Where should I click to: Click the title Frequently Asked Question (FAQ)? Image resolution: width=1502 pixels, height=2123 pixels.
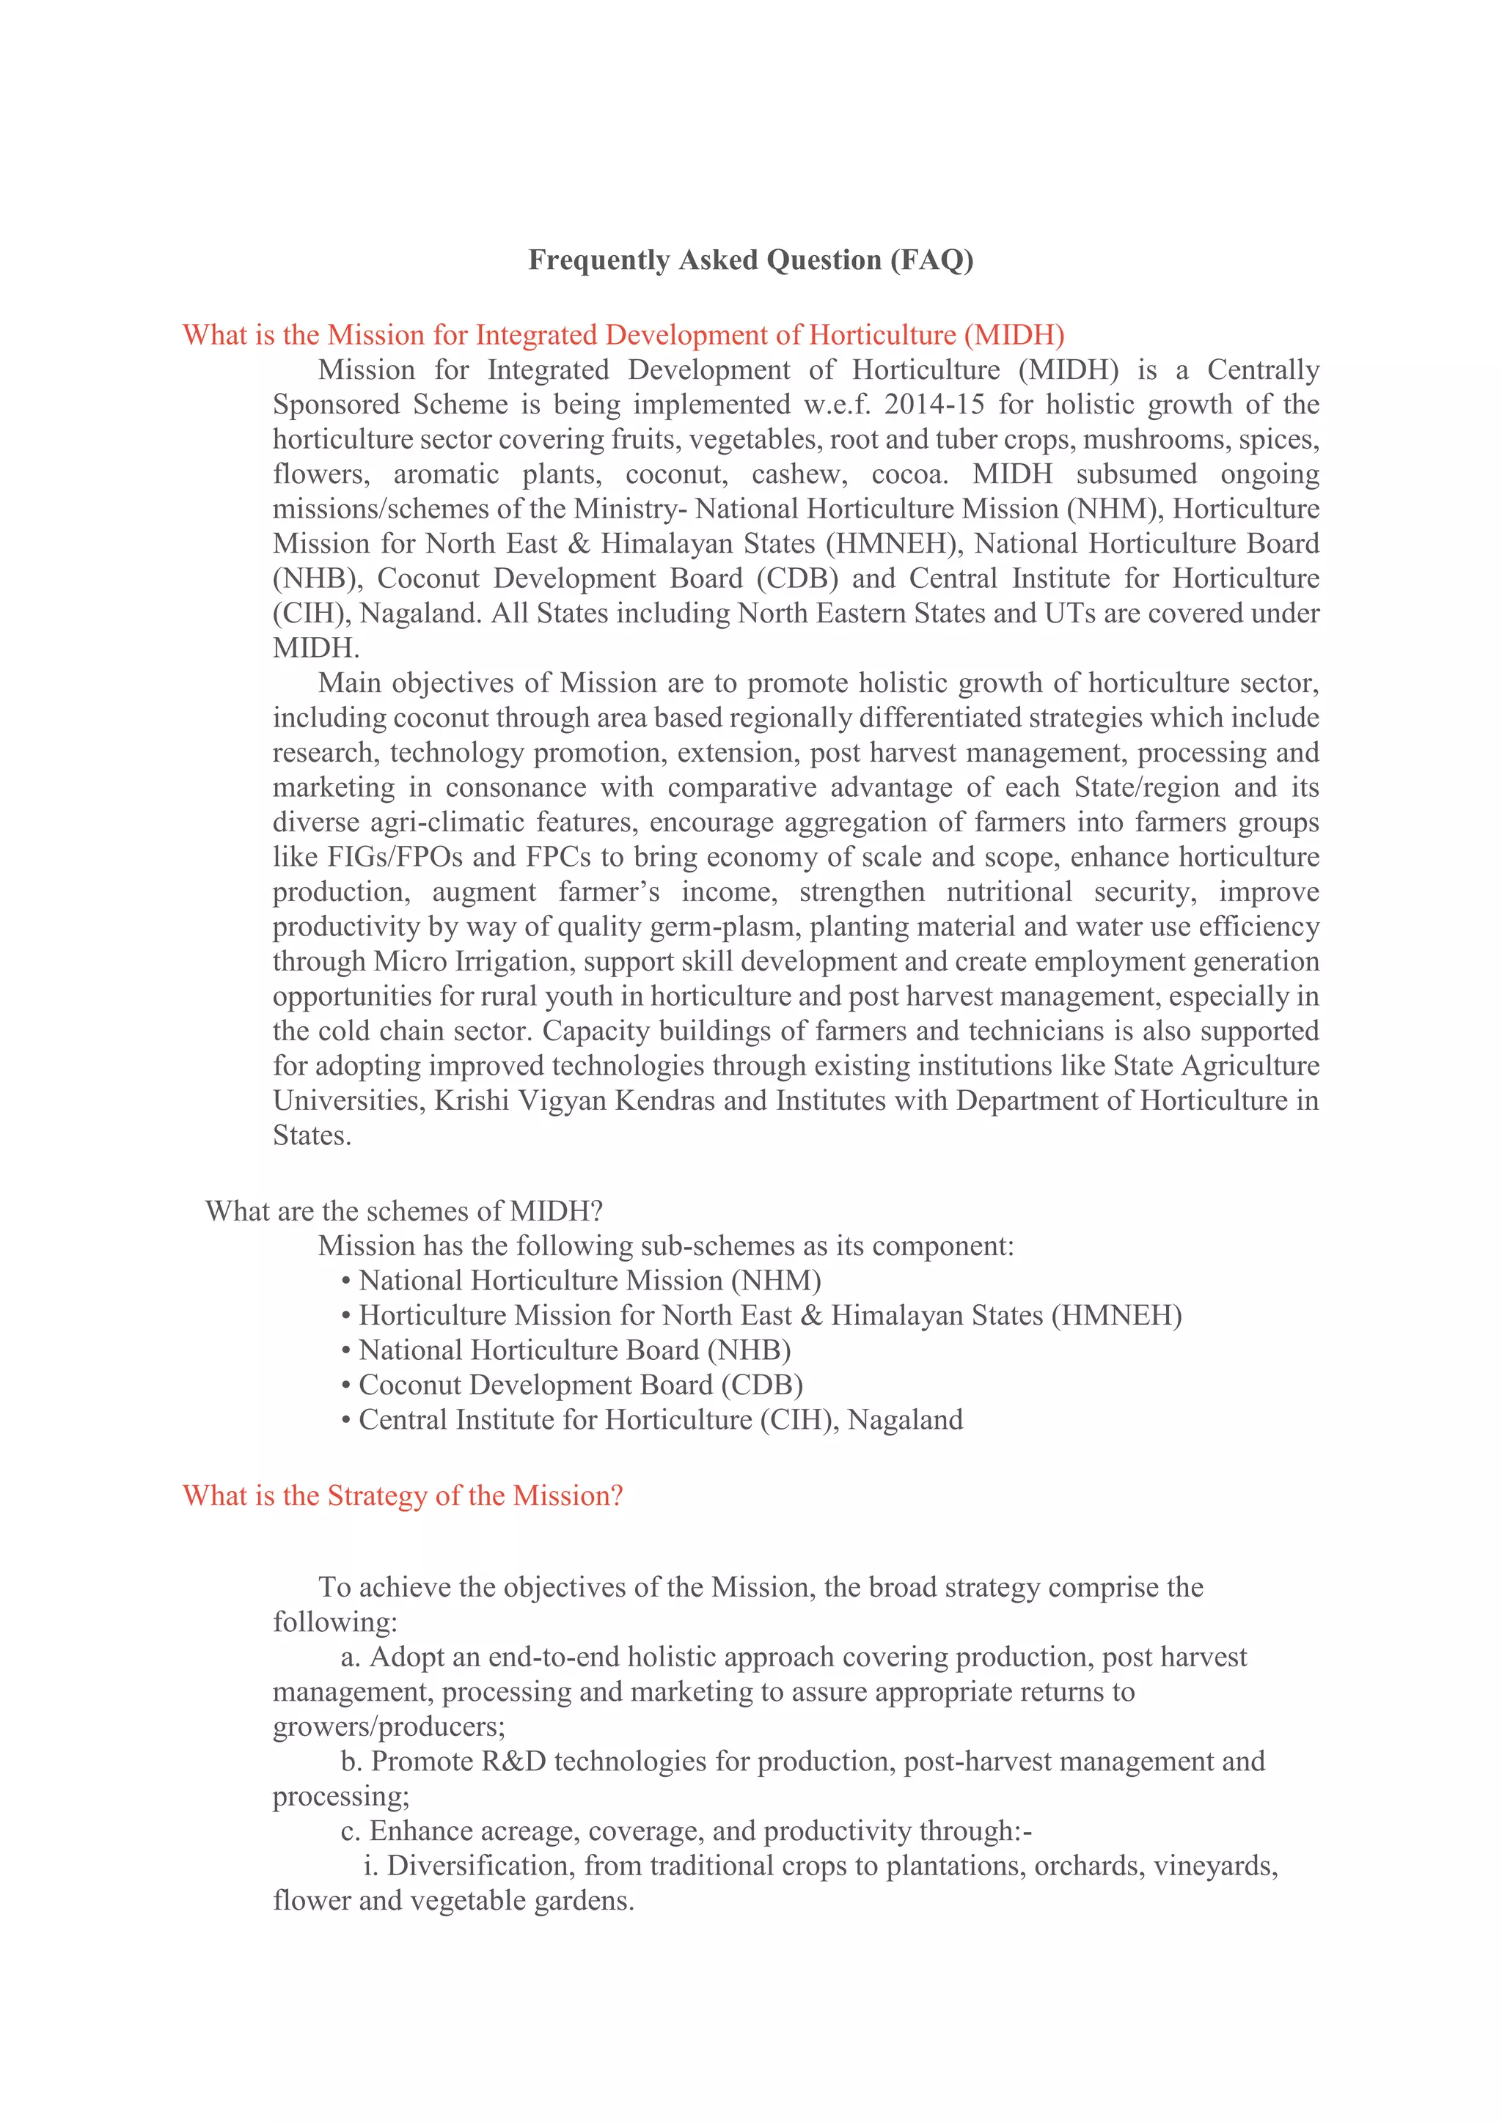[750, 260]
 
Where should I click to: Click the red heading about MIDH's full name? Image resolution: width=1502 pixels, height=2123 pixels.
[623, 335]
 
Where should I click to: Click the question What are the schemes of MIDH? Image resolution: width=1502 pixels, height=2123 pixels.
[404, 1210]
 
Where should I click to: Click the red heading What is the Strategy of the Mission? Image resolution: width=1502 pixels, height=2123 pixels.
[403, 1495]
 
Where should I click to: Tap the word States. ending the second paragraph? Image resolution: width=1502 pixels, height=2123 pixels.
[312, 1136]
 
